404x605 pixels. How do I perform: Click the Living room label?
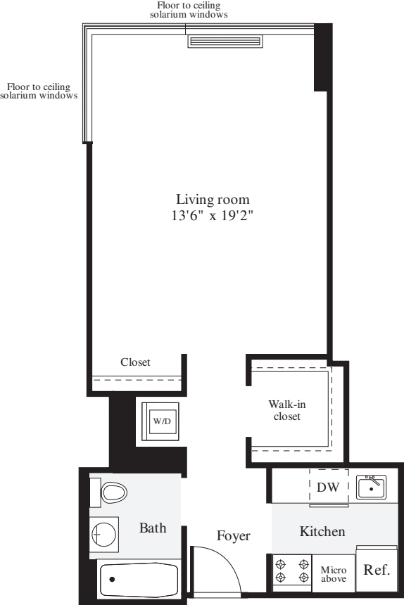(x=213, y=199)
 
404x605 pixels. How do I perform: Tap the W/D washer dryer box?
(x=161, y=421)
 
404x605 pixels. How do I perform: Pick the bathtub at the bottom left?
(x=138, y=580)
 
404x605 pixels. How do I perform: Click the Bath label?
(x=152, y=528)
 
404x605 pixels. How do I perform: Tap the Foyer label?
(x=233, y=536)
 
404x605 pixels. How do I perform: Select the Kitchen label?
(x=322, y=531)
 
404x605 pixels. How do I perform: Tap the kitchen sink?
(x=371, y=486)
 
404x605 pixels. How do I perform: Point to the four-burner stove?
(x=292, y=571)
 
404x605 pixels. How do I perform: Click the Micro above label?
(x=334, y=573)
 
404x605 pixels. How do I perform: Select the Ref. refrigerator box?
(x=376, y=571)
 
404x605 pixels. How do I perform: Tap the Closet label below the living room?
(x=135, y=362)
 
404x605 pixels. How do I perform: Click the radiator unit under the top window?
(x=225, y=41)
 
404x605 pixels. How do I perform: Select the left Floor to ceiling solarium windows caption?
(x=38, y=91)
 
